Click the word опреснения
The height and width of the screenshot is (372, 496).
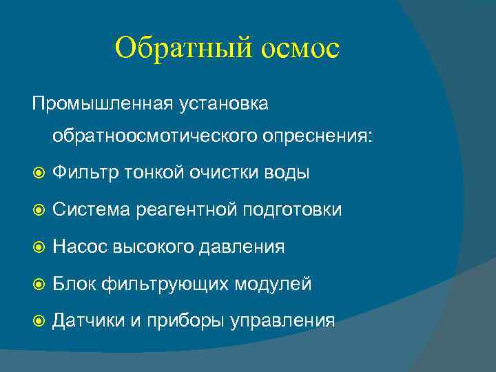click(319, 135)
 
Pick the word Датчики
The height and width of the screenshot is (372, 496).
click(88, 320)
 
